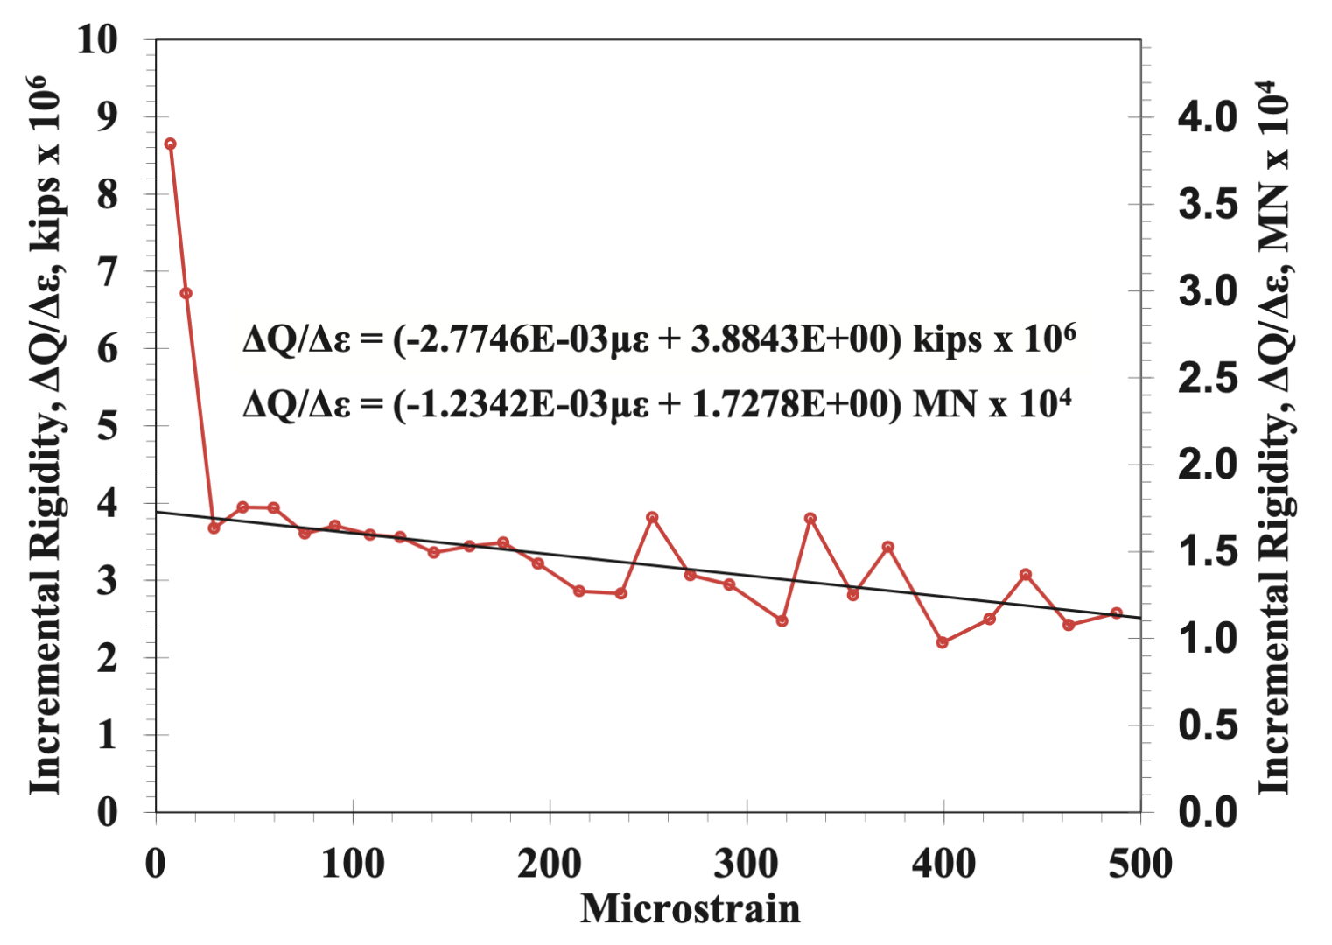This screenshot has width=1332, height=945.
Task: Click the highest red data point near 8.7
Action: click(x=171, y=143)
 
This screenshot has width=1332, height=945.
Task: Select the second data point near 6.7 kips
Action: click(x=186, y=293)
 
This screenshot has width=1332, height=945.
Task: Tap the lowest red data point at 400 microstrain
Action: click(x=943, y=642)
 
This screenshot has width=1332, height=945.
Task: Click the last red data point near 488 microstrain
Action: click(x=1116, y=612)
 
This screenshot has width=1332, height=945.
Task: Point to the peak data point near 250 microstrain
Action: click(x=652, y=517)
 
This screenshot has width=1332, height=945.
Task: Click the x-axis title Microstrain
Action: click(x=690, y=908)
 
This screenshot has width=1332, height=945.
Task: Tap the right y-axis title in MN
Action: click(x=1275, y=437)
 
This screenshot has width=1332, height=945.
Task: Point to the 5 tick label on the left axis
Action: click(x=107, y=426)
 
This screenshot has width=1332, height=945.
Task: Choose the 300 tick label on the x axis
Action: click(x=746, y=864)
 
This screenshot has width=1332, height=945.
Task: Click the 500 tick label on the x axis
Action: click(x=1139, y=864)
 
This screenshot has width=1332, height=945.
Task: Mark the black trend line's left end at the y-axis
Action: click(x=158, y=512)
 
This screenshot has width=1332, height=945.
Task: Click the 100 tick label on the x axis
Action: click(x=353, y=864)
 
